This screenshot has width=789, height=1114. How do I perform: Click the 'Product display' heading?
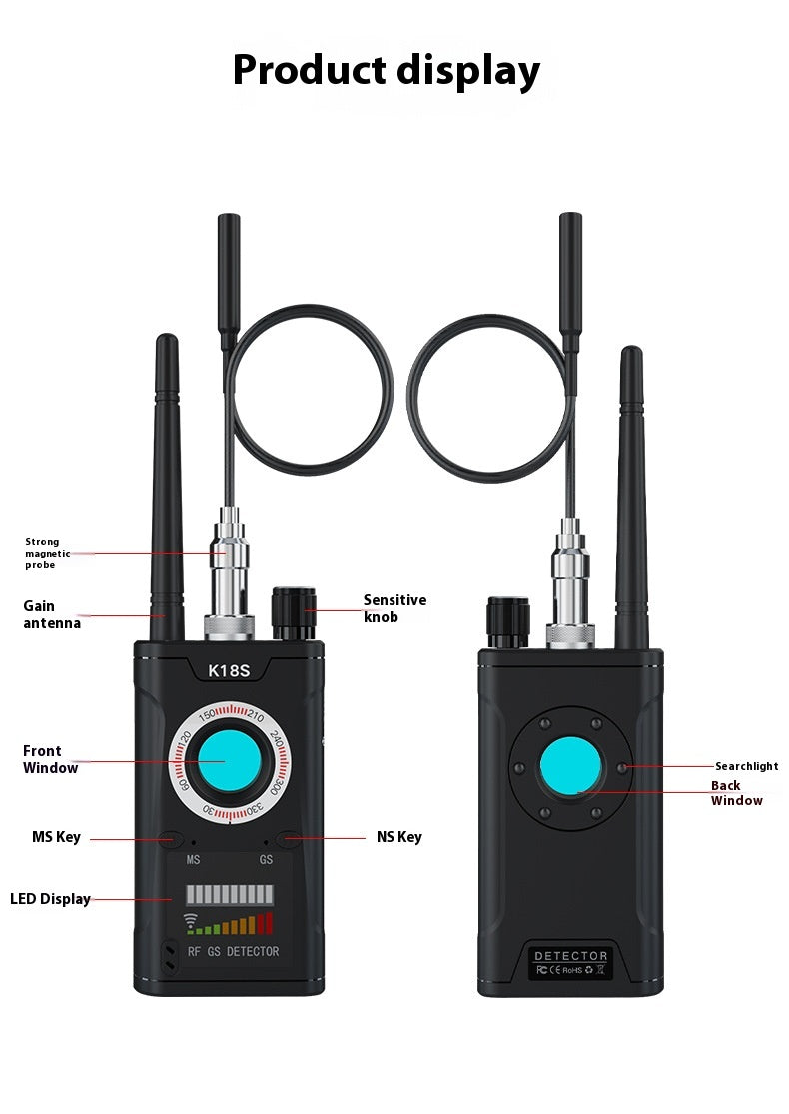click(x=387, y=71)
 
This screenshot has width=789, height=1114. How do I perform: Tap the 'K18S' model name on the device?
click(x=228, y=671)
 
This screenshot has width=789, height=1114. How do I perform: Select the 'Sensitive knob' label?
click(x=394, y=608)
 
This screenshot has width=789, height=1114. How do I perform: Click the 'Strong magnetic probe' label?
click(x=48, y=554)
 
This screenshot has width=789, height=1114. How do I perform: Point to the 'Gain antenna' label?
click(x=52, y=614)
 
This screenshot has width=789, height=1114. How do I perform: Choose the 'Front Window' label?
click(x=50, y=759)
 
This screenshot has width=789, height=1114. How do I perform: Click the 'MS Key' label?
click(x=56, y=837)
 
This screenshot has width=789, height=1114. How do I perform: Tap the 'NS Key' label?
click(x=398, y=837)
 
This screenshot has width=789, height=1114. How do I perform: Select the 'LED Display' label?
click(x=50, y=899)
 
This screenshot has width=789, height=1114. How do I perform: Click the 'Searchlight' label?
click(x=746, y=766)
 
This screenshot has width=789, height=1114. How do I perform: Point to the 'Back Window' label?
click(x=736, y=793)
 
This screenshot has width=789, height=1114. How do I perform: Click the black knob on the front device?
click(x=294, y=613)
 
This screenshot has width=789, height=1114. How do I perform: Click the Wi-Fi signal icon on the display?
click(x=191, y=921)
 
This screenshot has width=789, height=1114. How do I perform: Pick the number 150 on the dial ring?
click(x=208, y=715)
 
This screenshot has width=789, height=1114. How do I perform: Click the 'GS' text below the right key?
click(x=266, y=859)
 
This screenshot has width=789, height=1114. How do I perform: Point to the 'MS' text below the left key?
click(x=193, y=859)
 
